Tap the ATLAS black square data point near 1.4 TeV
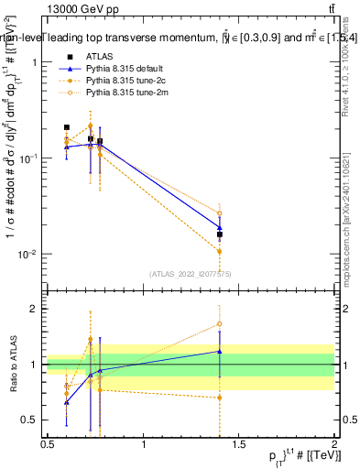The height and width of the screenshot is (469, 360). point(220,234)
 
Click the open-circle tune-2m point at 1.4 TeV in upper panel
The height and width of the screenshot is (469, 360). point(220,213)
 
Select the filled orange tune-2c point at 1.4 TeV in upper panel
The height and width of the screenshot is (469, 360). point(220,251)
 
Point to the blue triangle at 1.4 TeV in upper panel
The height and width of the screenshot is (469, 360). point(220,227)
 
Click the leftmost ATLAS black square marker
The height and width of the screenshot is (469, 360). point(67,127)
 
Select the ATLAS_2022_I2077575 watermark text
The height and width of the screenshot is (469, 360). point(191,273)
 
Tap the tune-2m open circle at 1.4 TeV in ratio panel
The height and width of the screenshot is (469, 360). point(220,323)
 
